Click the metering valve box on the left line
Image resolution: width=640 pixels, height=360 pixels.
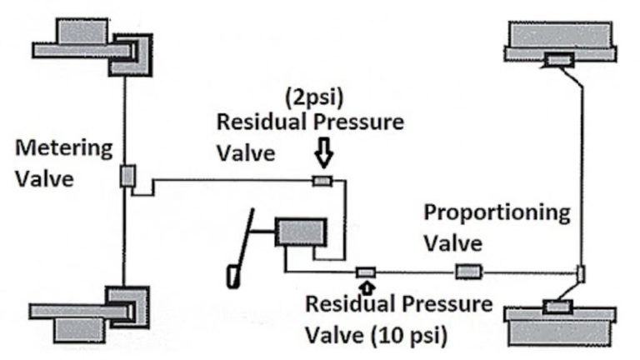(127, 176)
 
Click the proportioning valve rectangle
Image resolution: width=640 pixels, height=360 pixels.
(467, 272)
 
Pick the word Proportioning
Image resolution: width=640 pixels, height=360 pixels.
(497, 212)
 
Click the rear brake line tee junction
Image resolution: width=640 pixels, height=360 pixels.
(581, 272)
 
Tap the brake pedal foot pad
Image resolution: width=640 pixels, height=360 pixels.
(231, 275)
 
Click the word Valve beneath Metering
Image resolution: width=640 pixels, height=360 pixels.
(40, 179)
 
